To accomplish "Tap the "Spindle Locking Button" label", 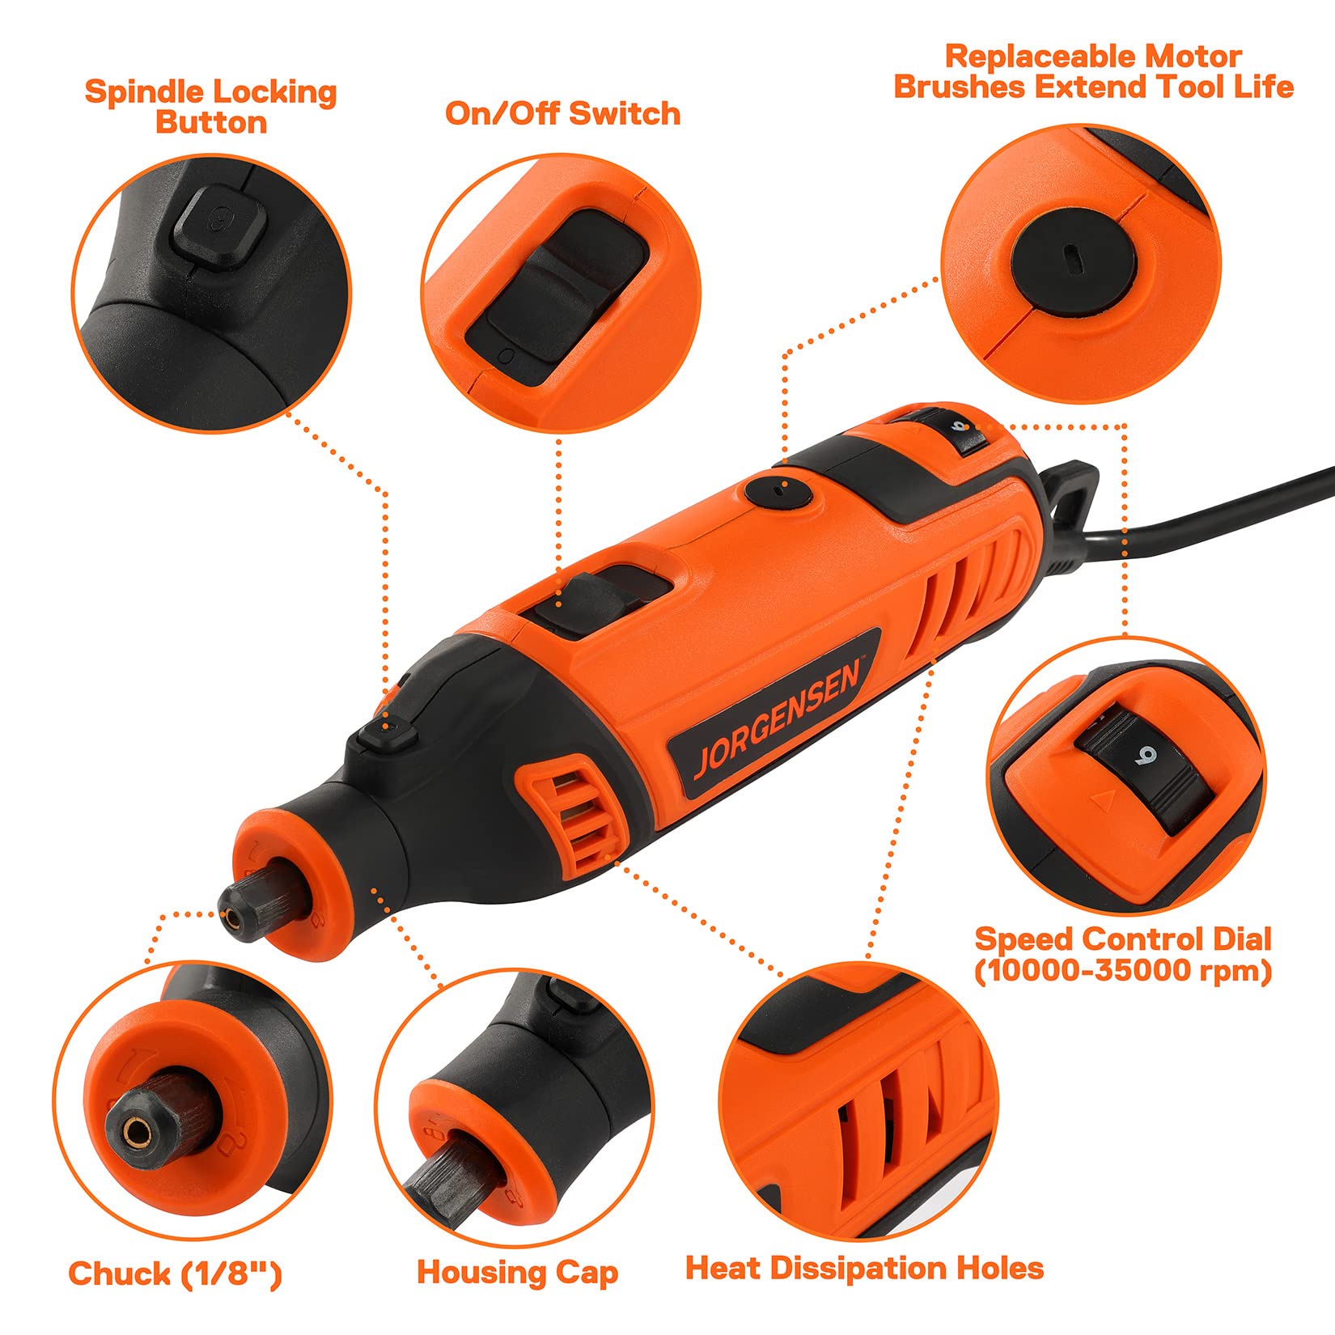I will [x=211, y=107].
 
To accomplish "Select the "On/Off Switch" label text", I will [x=562, y=114].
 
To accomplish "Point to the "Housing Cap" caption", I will [x=518, y=1273].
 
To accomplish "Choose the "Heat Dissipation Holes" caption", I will [x=864, y=1268].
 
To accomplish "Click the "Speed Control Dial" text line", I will [x=1123, y=939].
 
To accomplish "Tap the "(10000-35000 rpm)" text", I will [x=1123, y=970].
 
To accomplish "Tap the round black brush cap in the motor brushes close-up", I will [x=1073, y=258].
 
